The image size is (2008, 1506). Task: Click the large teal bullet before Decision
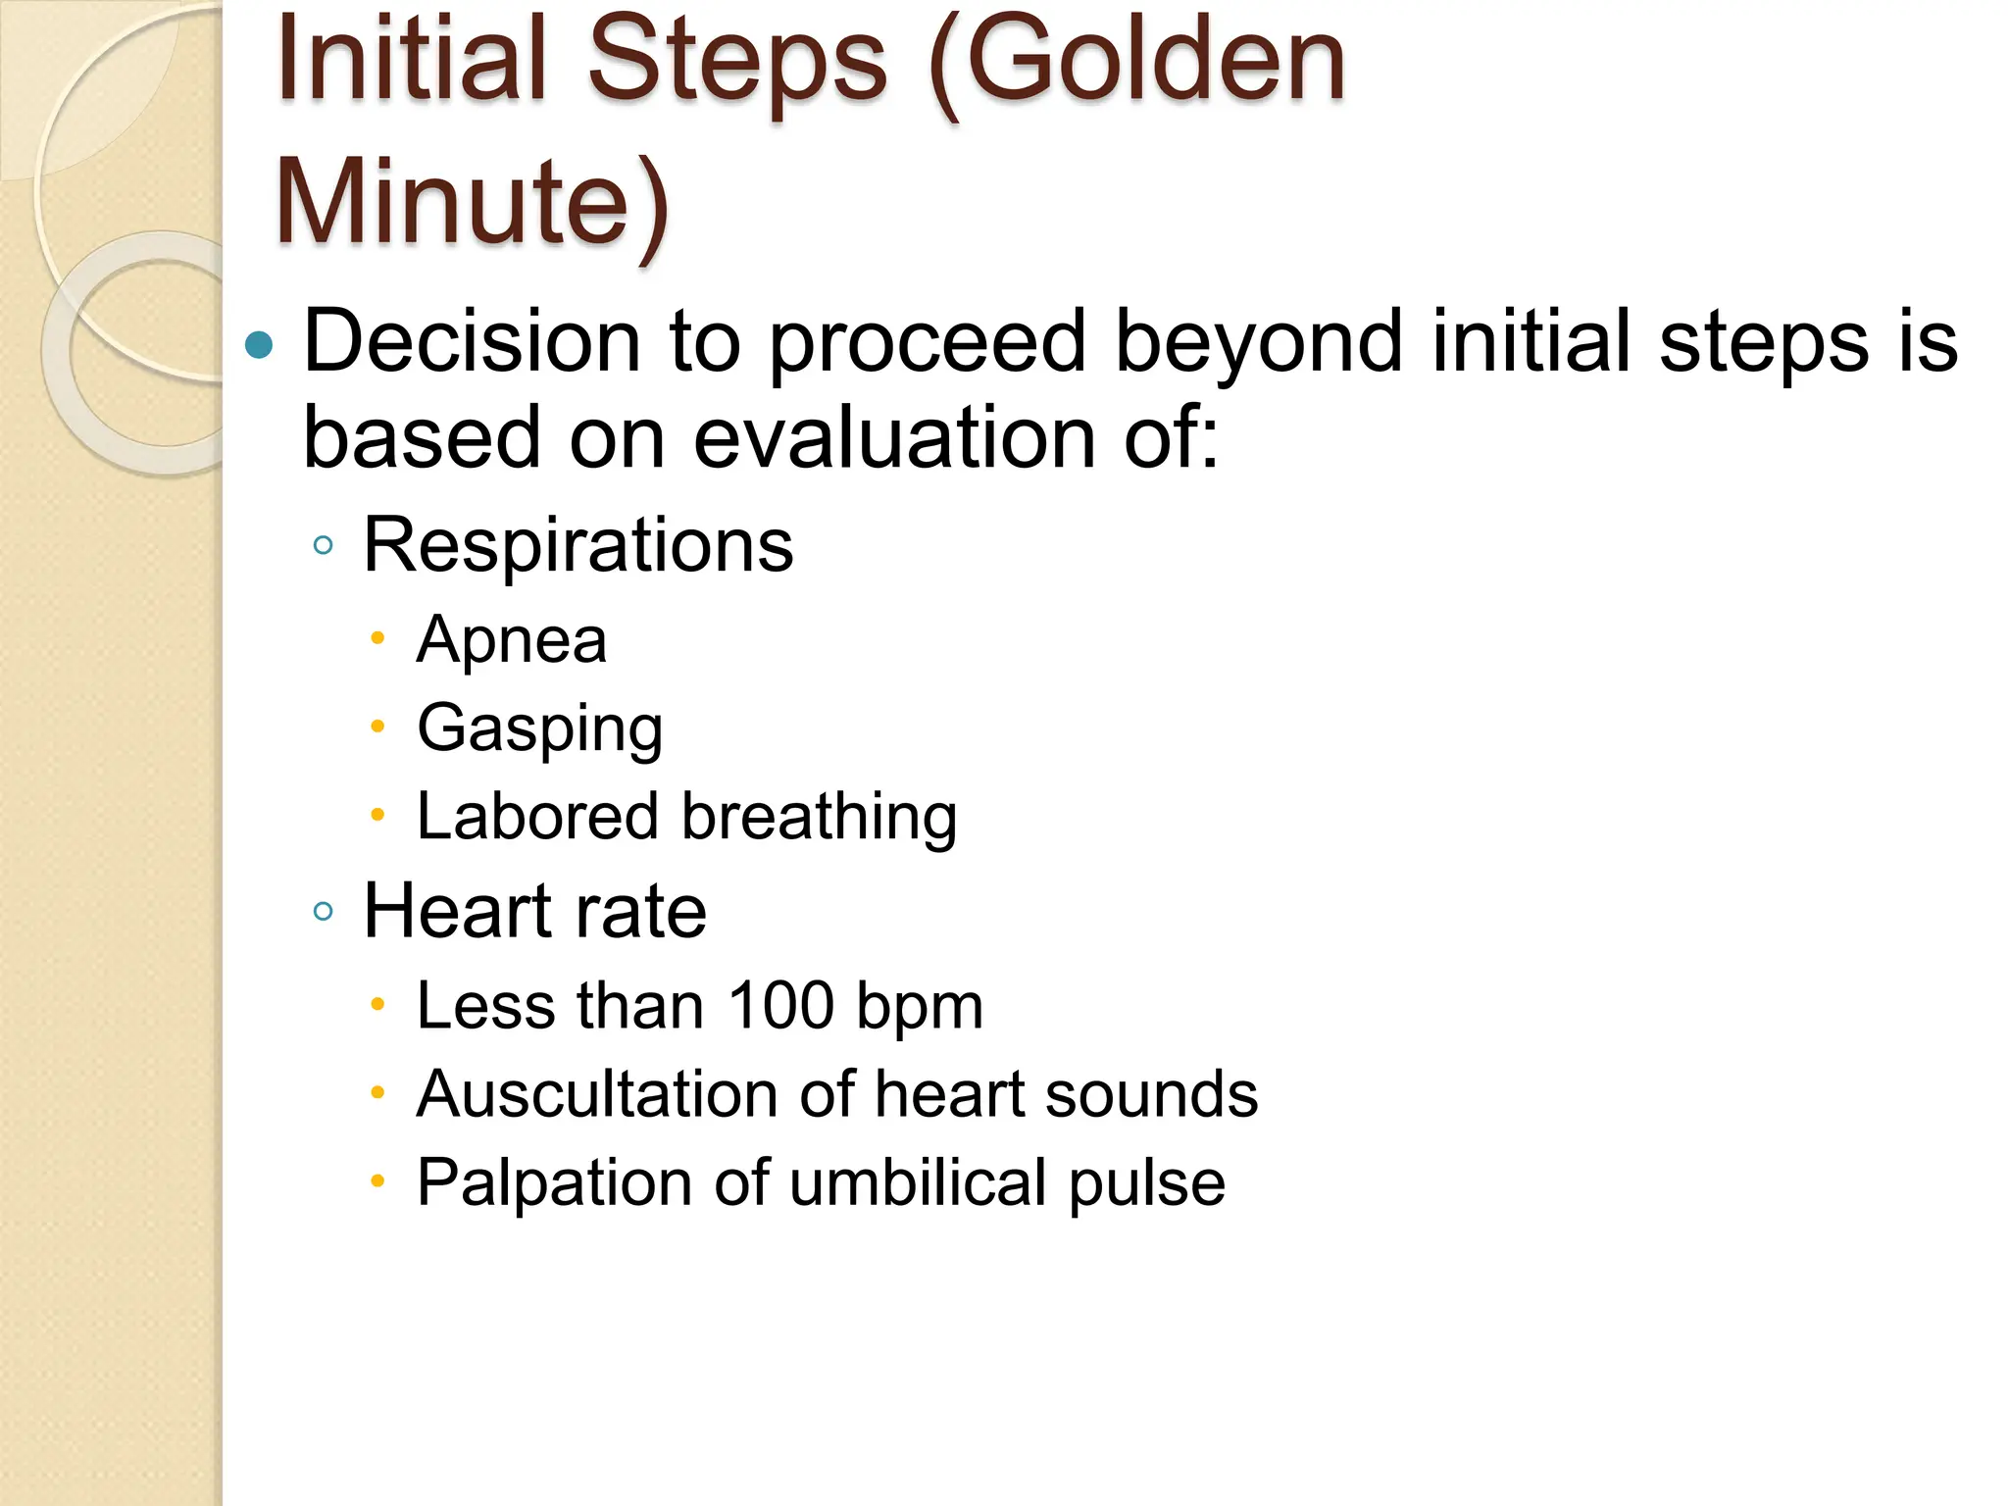(x=259, y=345)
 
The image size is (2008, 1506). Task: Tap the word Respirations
(x=577, y=545)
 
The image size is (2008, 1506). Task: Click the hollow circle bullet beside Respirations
(x=323, y=545)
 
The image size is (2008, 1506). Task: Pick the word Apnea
(x=512, y=640)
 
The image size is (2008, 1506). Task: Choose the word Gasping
(x=539, y=729)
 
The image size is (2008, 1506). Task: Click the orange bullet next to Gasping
(x=377, y=727)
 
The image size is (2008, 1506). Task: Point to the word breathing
(x=819, y=817)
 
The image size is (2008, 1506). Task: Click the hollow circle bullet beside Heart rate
(x=323, y=912)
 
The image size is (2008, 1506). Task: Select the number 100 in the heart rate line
(x=779, y=1006)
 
